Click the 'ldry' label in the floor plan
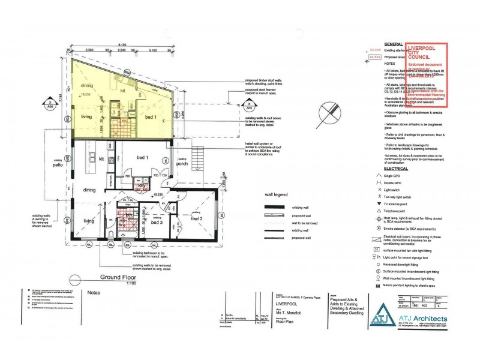click(143, 187)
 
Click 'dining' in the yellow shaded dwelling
click(87, 86)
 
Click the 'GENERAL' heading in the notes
click(394, 44)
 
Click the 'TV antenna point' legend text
click(401, 203)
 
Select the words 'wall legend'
click(277, 194)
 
